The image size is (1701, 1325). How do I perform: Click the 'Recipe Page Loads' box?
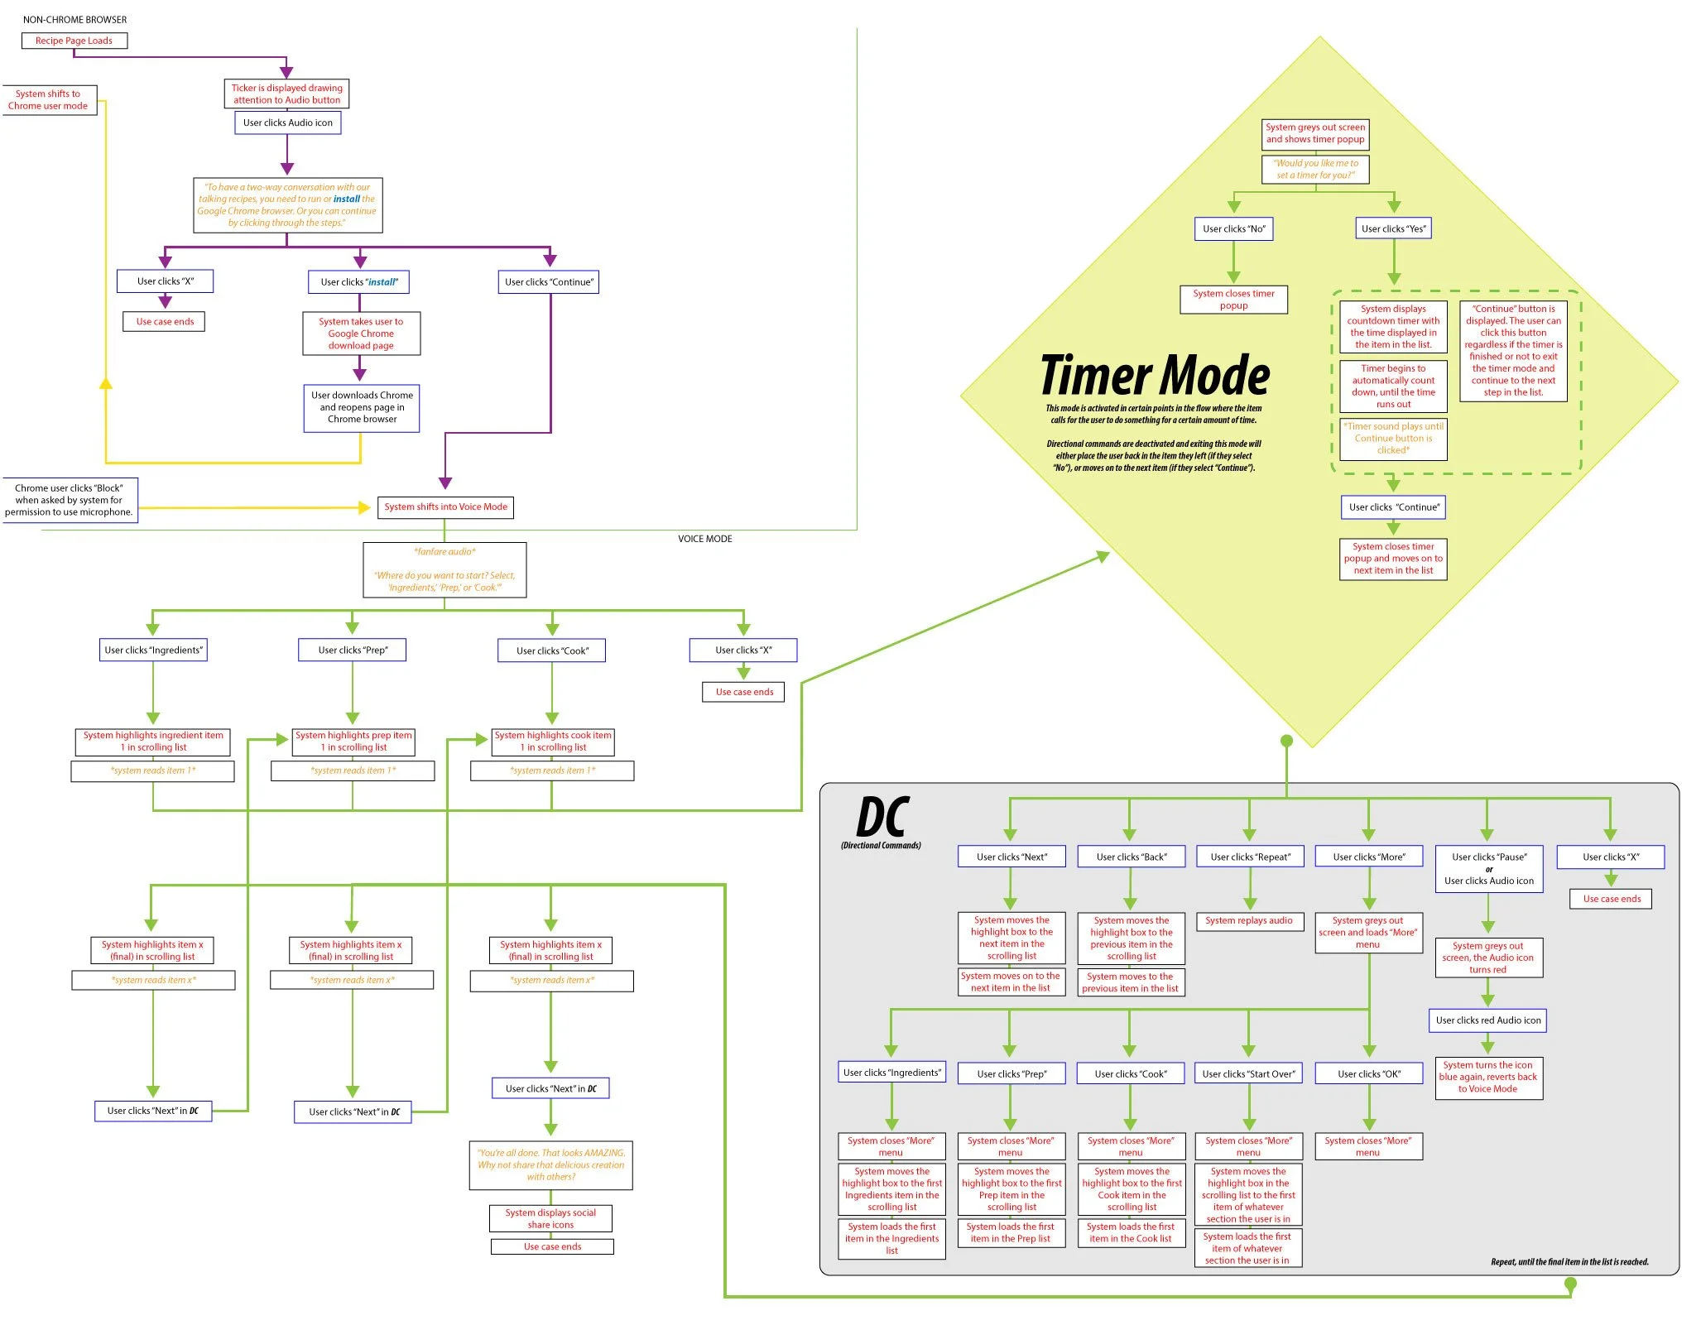tap(74, 41)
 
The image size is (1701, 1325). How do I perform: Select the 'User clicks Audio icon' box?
tap(287, 122)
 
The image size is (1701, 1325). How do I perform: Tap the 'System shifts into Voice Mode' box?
tap(445, 506)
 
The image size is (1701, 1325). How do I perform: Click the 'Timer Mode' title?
tap(1154, 376)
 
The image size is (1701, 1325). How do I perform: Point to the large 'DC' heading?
tap(882, 818)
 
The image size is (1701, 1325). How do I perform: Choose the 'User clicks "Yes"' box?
tap(1393, 228)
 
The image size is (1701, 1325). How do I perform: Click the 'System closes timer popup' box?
tap(1233, 300)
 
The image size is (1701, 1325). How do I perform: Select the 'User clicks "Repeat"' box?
tap(1249, 857)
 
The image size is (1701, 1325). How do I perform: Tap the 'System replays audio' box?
tap(1248, 920)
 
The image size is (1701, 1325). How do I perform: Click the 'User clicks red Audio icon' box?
tap(1487, 1020)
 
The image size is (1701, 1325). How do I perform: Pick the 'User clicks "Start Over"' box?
tap(1248, 1073)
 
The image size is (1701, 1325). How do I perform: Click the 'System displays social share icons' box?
tap(550, 1218)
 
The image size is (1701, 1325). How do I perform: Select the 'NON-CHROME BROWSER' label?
tap(74, 19)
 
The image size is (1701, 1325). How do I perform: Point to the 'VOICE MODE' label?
tap(704, 539)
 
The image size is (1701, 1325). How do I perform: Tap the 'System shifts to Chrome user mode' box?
tap(48, 100)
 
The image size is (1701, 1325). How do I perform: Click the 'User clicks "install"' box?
tap(359, 282)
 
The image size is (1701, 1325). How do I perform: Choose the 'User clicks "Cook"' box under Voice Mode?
tap(552, 650)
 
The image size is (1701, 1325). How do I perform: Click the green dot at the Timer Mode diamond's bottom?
tap(1286, 741)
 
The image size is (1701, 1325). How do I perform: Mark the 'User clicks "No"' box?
tap(1233, 228)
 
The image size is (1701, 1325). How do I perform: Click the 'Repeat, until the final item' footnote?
tap(1569, 1262)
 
